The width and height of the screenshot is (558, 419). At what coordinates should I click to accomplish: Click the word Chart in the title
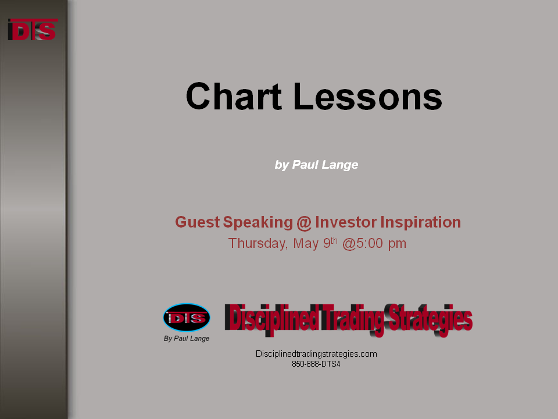[234, 96]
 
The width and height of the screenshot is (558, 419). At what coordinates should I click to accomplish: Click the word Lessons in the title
[367, 96]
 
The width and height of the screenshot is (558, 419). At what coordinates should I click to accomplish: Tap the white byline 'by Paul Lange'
[316, 165]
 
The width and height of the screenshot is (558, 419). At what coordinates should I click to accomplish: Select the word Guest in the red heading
[198, 222]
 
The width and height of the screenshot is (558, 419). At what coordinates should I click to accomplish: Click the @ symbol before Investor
[303, 223]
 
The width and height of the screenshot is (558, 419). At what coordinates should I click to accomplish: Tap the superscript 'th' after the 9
[334, 240]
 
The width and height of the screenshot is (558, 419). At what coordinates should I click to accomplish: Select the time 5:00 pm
[381, 244]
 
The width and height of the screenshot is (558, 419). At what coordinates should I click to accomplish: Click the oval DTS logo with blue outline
[187, 318]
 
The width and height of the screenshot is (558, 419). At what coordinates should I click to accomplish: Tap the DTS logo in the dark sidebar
[33, 30]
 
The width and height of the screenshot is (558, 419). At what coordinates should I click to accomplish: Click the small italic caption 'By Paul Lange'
[187, 339]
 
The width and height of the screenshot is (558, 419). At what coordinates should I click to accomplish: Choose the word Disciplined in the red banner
[271, 318]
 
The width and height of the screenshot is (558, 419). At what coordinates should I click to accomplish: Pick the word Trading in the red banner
[352, 319]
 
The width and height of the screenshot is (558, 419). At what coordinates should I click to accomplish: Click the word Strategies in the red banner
[430, 319]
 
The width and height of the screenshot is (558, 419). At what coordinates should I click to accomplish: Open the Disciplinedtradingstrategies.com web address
[316, 354]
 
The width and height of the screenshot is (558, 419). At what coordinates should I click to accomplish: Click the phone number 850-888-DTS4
[316, 364]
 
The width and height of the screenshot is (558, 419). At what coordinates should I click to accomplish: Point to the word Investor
[345, 222]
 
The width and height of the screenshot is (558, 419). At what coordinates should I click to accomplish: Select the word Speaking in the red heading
[258, 223]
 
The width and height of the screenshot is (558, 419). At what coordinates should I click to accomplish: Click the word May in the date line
[306, 244]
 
